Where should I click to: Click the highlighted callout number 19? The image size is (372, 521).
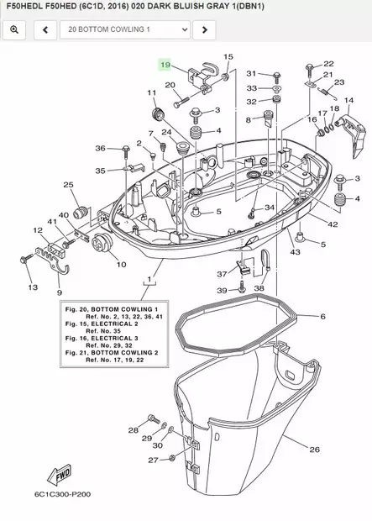(x=165, y=65)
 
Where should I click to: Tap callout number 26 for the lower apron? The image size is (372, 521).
(x=314, y=450)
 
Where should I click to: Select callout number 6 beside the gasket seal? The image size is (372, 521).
(x=322, y=317)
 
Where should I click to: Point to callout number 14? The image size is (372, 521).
(x=349, y=100)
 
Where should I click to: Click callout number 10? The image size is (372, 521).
(x=121, y=264)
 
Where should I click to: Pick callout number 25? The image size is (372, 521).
(x=68, y=185)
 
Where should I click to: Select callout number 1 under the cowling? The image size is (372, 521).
(x=150, y=277)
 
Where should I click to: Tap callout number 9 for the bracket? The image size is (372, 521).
(x=59, y=292)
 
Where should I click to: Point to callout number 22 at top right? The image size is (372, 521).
(x=328, y=64)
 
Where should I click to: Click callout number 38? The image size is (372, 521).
(x=259, y=287)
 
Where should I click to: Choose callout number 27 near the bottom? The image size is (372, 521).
(x=152, y=460)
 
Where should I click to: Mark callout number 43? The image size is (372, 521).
(x=295, y=251)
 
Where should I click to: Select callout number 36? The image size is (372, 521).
(x=100, y=149)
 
